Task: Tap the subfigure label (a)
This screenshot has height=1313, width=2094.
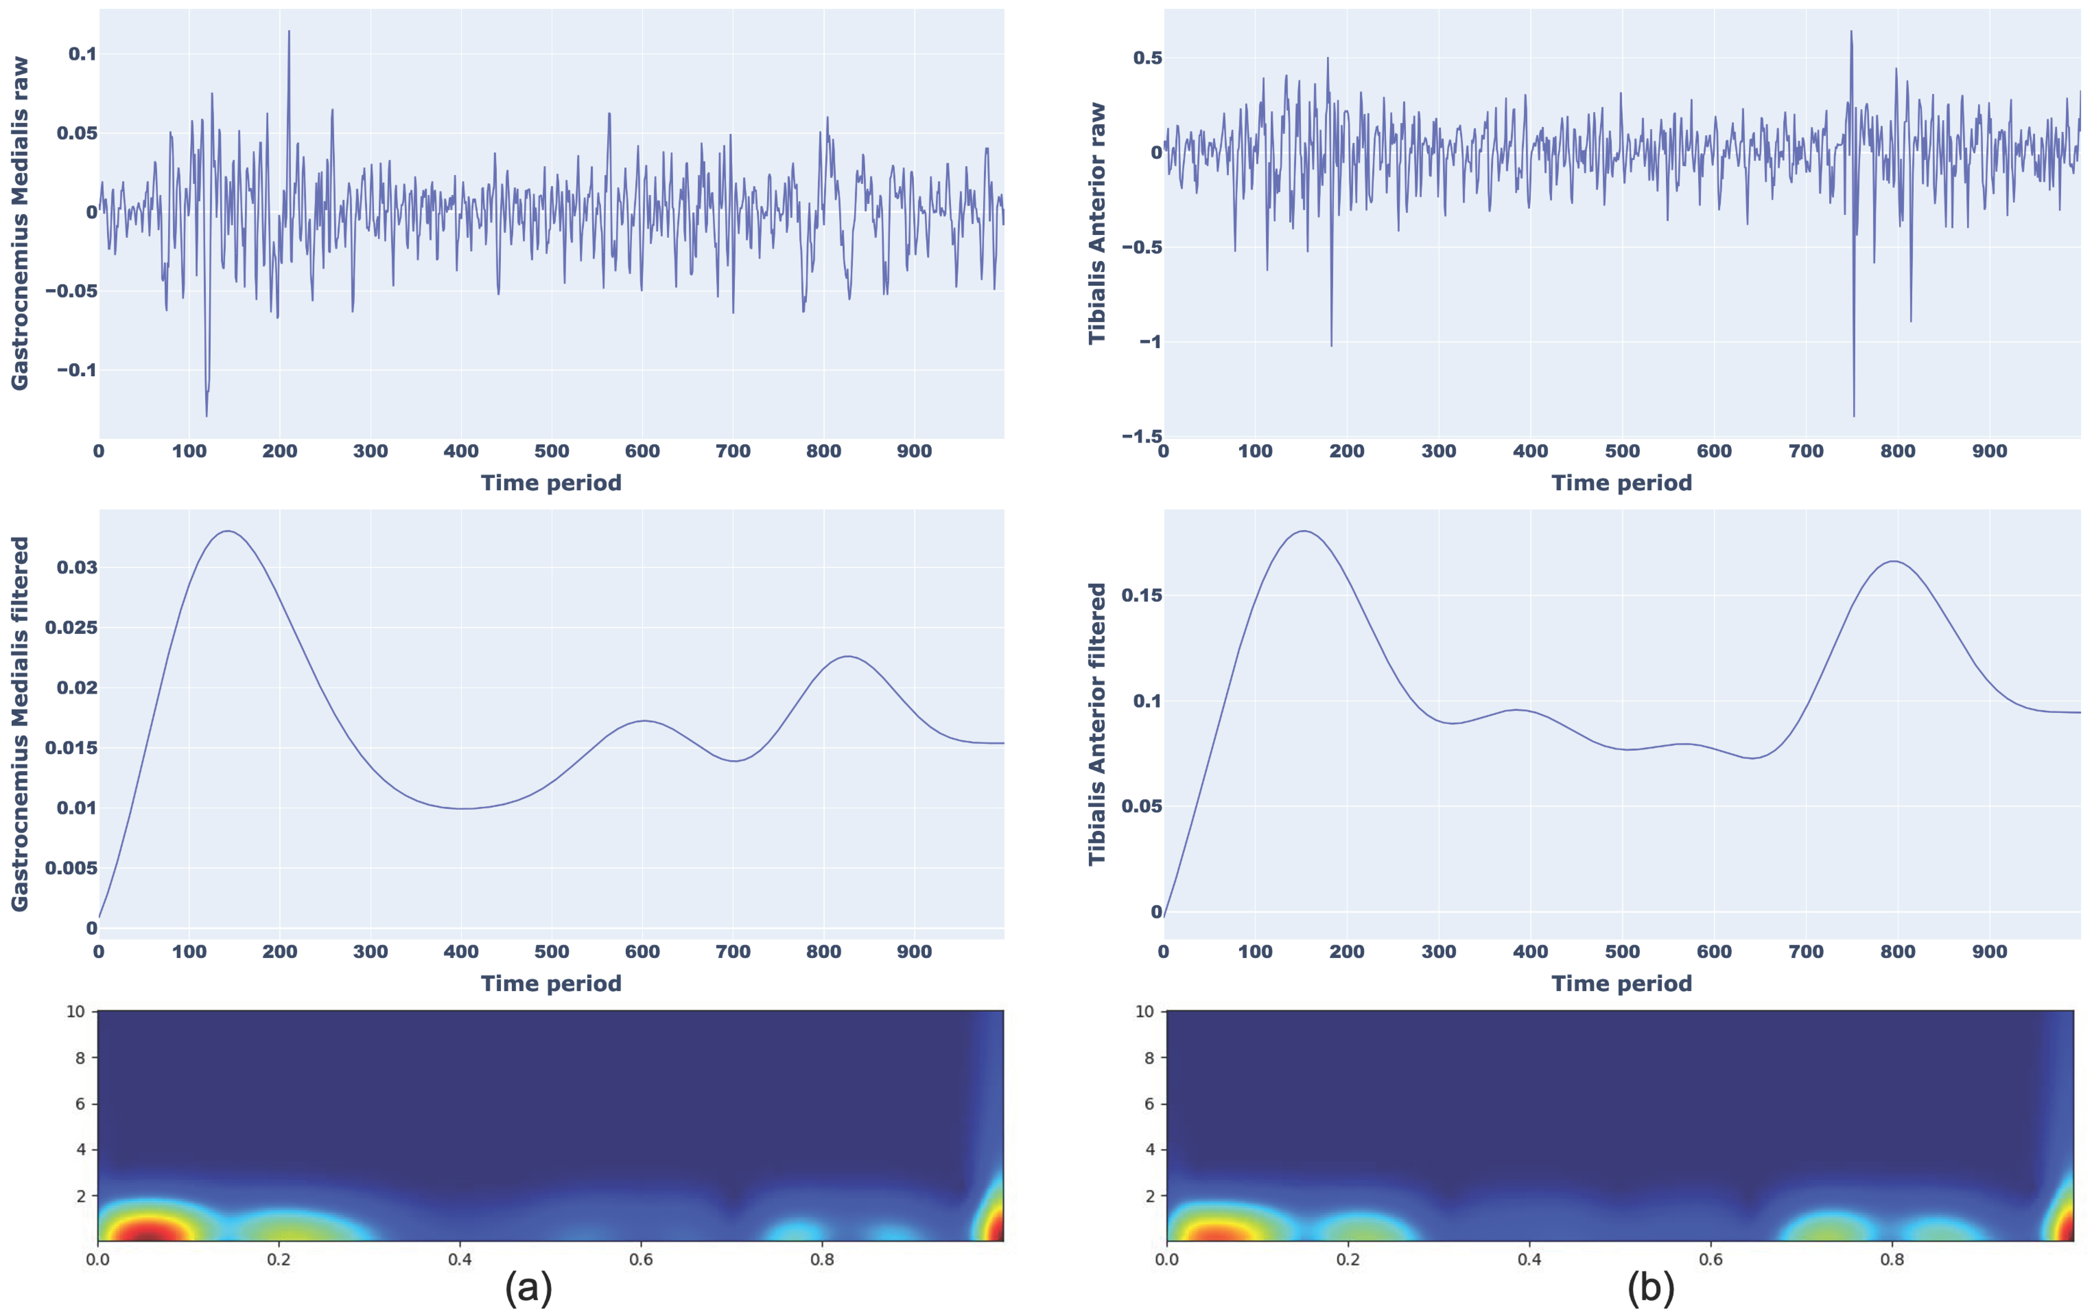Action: tap(528, 1287)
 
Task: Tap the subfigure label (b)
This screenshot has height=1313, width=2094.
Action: tap(1650, 1287)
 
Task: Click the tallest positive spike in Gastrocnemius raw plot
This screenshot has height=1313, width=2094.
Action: tap(289, 32)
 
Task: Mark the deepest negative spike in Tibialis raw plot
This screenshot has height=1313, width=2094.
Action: tap(1854, 415)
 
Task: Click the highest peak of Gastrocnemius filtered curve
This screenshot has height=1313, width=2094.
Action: tap(228, 531)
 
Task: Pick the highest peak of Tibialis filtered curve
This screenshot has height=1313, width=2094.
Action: tap(1304, 531)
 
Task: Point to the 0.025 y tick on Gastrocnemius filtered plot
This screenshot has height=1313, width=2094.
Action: tap(71, 627)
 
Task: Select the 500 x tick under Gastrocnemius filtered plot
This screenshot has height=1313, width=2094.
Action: tap(551, 952)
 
